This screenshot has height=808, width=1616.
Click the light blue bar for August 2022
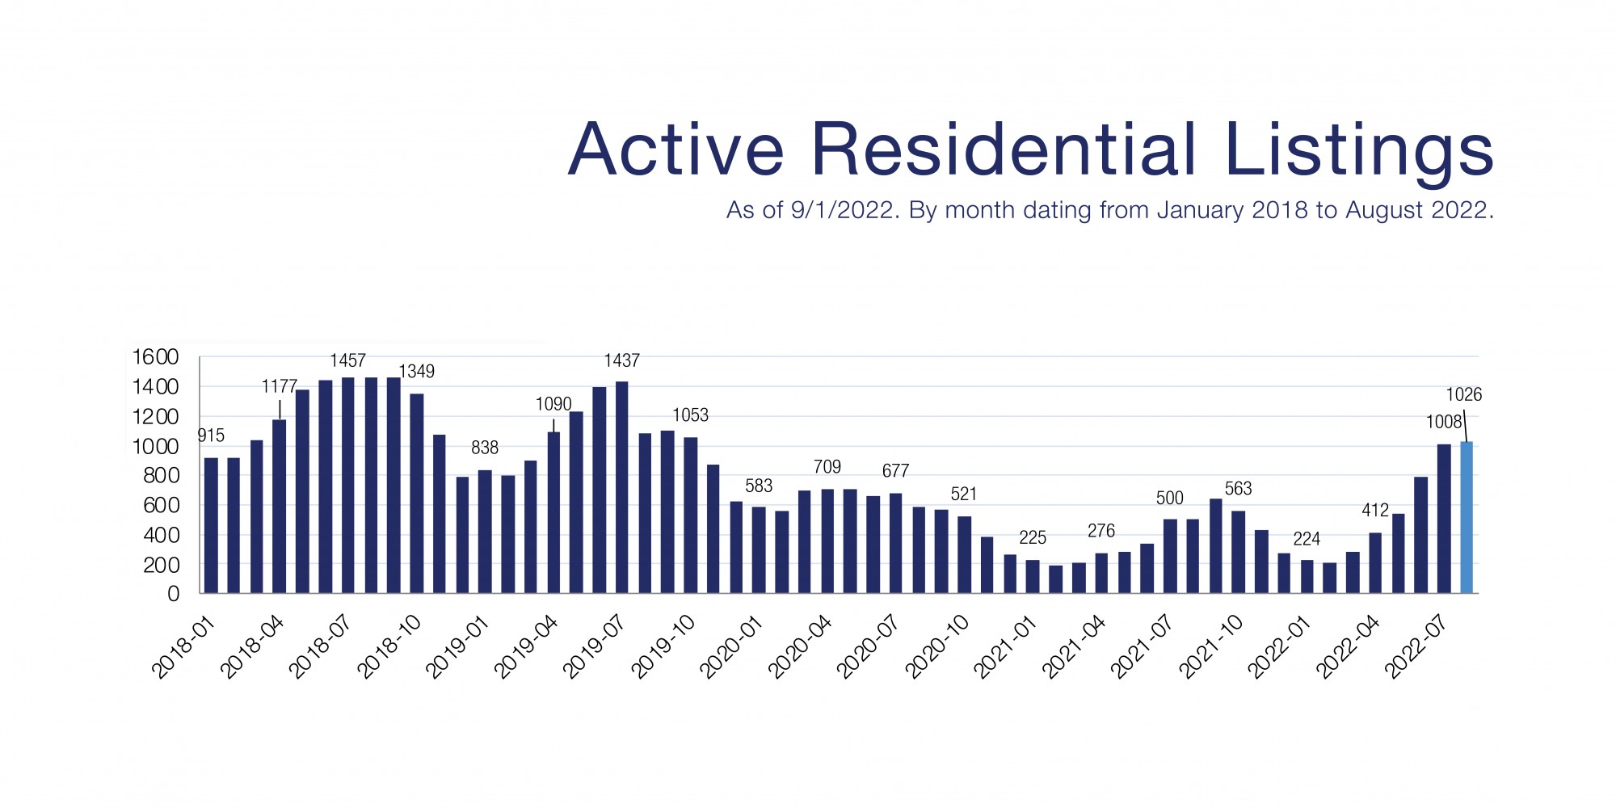pyautogui.click(x=1467, y=518)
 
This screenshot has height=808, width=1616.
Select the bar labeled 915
pyautogui.click(x=211, y=525)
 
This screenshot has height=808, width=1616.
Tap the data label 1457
pyautogui.click(x=347, y=360)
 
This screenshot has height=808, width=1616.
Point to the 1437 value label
pyautogui.click(x=621, y=360)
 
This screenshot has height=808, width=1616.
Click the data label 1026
pyautogui.click(x=1463, y=394)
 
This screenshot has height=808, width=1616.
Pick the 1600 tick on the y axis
pyautogui.click(x=155, y=357)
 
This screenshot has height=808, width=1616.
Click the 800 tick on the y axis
pyautogui.click(x=161, y=476)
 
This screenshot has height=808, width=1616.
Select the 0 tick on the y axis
pyautogui.click(x=173, y=595)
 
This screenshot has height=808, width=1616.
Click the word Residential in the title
pyautogui.click(x=1003, y=150)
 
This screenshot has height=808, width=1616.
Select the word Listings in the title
pyautogui.click(x=1359, y=152)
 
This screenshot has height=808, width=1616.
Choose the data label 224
pyautogui.click(x=1307, y=539)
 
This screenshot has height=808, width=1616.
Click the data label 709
pyautogui.click(x=827, y=467)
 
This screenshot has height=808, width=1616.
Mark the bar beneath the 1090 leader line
pyautogui.click(x=553, y=512)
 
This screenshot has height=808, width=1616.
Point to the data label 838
pyautogui.click(x=485, y=448)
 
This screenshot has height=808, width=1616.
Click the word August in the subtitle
pyautogui.click(x=1384, y=210)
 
